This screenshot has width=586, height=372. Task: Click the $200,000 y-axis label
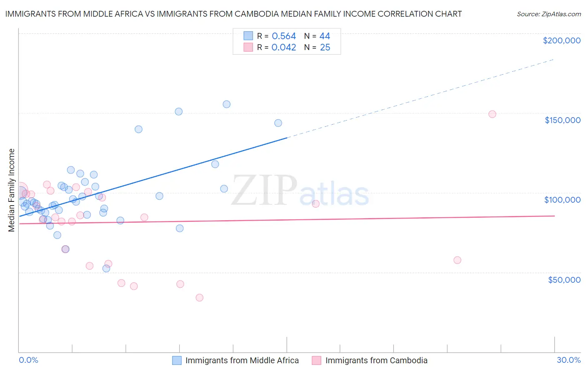(x=561, y=40)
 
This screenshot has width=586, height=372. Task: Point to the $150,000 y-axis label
(x=562, y=120)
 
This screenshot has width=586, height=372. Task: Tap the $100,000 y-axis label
(x=562, y=200)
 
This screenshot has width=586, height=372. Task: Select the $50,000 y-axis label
(x=564, y=279)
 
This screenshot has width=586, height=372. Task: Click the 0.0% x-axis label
(x=28, y=360)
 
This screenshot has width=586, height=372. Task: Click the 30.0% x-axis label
(x=568, y=360)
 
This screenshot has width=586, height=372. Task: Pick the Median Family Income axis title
(x=12, y=190)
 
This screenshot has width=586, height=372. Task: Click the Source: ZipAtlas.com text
(x=548, y=14)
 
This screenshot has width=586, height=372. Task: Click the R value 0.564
(x=283, y=36)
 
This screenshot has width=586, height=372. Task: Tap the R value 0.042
(x=283, y=48)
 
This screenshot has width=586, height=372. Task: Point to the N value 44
(x=325, y=36)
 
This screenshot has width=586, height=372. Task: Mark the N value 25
(x=325, y=48)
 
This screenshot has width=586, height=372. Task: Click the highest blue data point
(x=226, y=104)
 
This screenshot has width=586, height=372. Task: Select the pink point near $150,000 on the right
(x=492, y=114)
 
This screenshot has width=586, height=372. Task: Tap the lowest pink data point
(x=199, y=298)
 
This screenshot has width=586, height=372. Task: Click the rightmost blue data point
(x=278, y=123)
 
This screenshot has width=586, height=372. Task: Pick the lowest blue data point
(x=106, y=269)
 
